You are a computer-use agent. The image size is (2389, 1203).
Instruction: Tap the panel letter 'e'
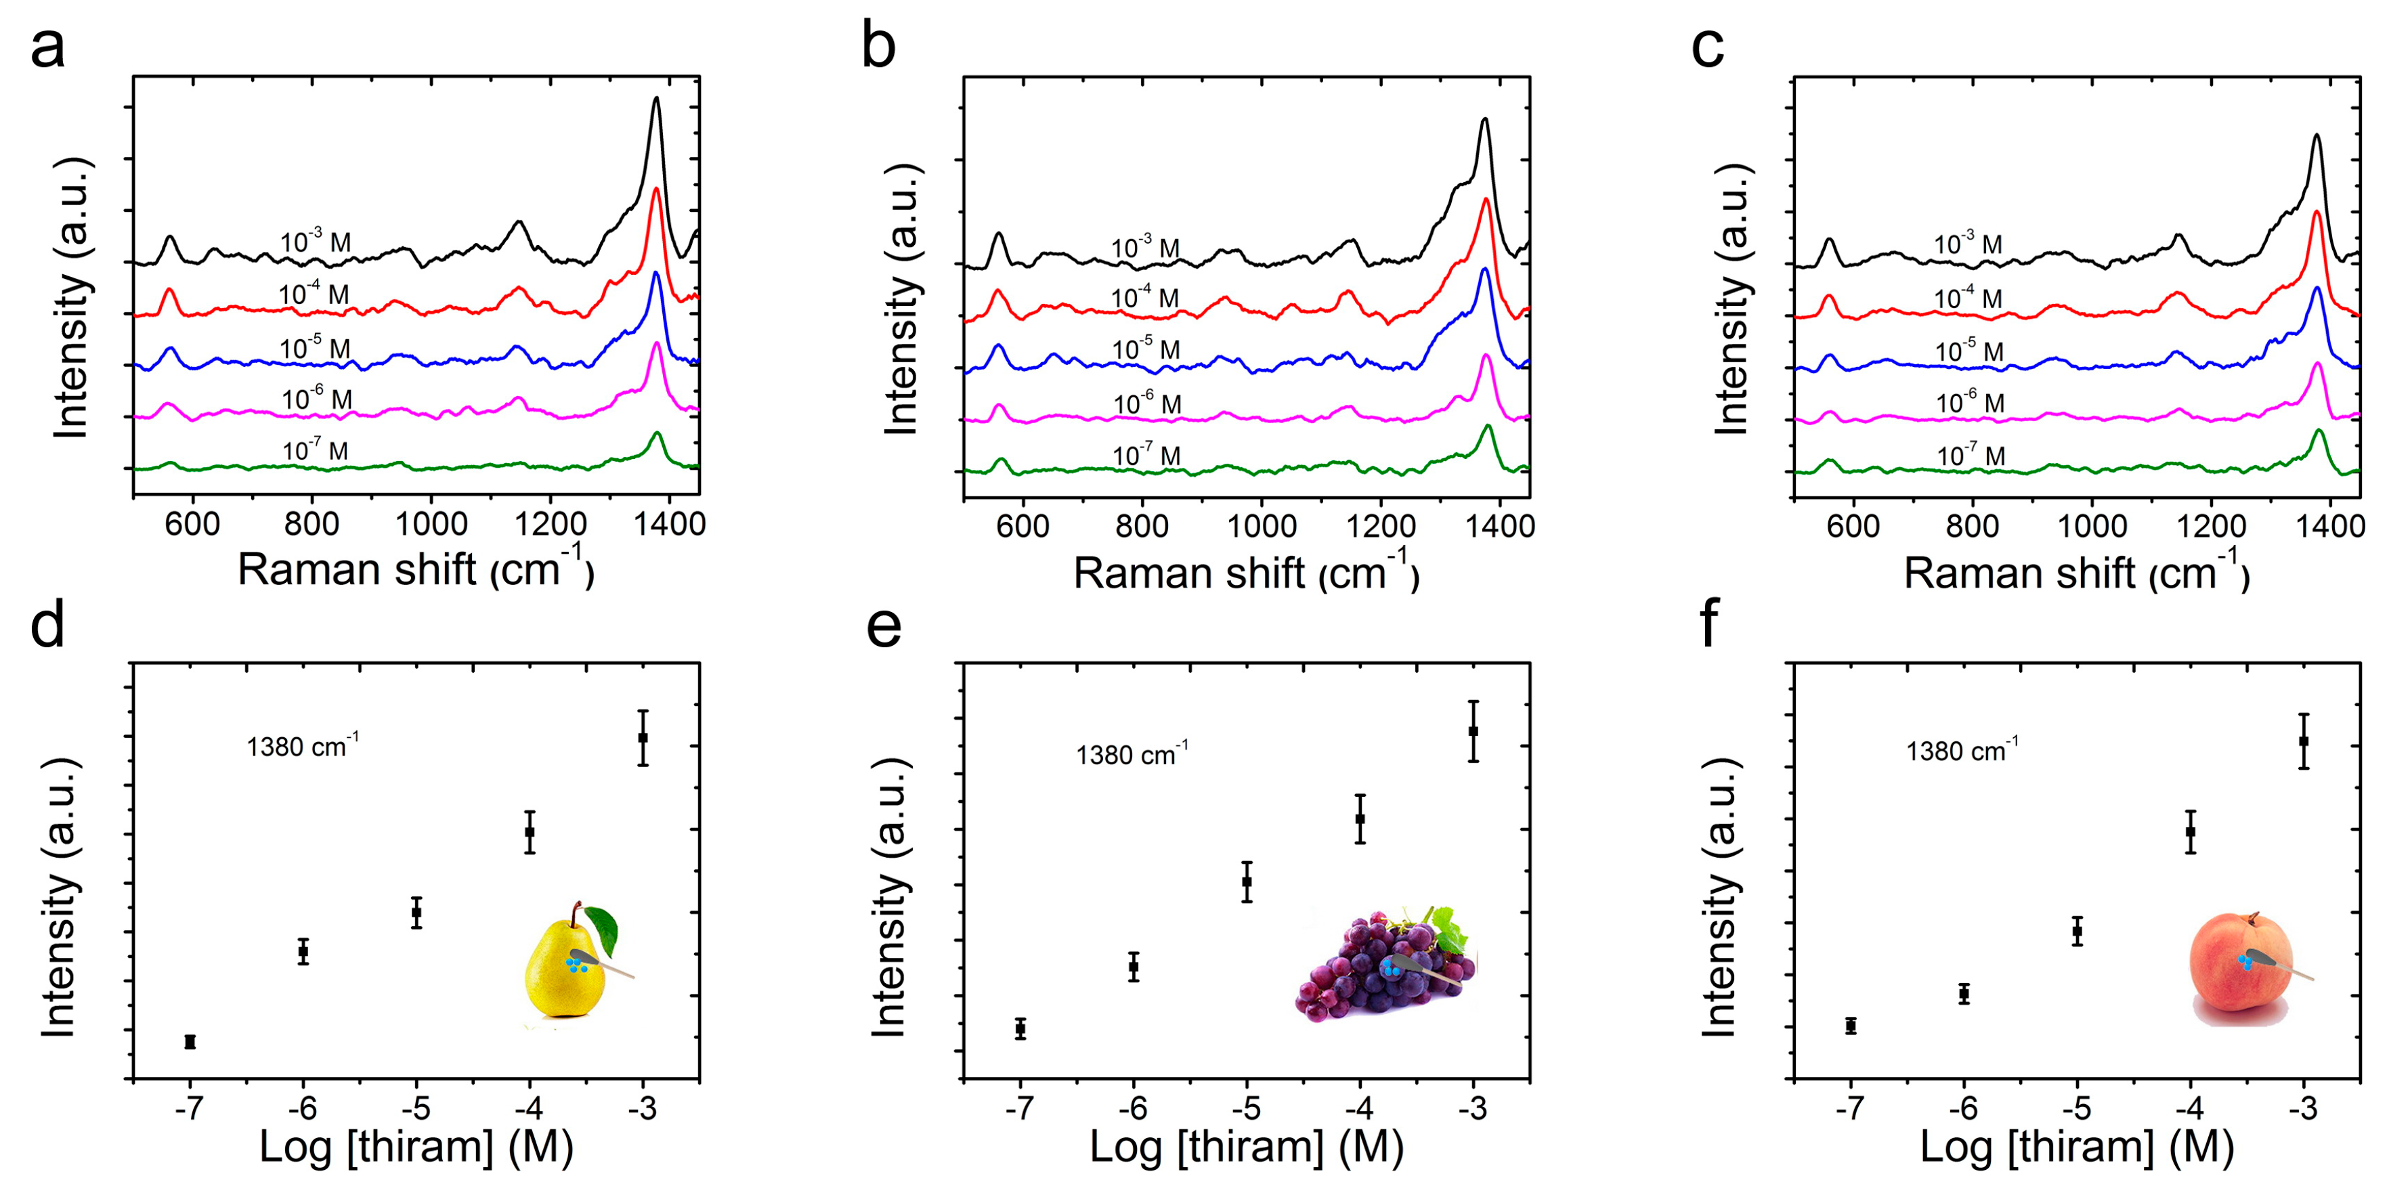point(883,627)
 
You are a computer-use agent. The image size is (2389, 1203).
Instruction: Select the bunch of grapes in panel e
point(1382,969)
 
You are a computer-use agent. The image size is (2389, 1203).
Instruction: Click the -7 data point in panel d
point(190,1042)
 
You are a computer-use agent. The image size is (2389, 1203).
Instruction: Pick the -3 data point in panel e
point(1473,731)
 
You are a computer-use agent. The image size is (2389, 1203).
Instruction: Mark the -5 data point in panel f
point(2078,930)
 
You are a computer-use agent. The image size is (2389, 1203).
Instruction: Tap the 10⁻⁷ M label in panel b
point(1146,454)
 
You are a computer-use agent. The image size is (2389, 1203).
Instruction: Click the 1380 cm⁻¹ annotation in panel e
point(1132,753)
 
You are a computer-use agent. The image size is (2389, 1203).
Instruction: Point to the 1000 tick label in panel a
point(431,524)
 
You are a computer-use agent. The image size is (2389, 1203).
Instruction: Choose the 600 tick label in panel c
point(1852,526)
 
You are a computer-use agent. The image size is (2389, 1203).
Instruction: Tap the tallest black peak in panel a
point(657,100)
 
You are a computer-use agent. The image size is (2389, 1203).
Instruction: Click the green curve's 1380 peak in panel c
point(2319,431)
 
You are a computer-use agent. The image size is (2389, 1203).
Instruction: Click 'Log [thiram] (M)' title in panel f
point(2076,1147)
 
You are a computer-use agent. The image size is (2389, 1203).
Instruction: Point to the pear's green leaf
point(602,929)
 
